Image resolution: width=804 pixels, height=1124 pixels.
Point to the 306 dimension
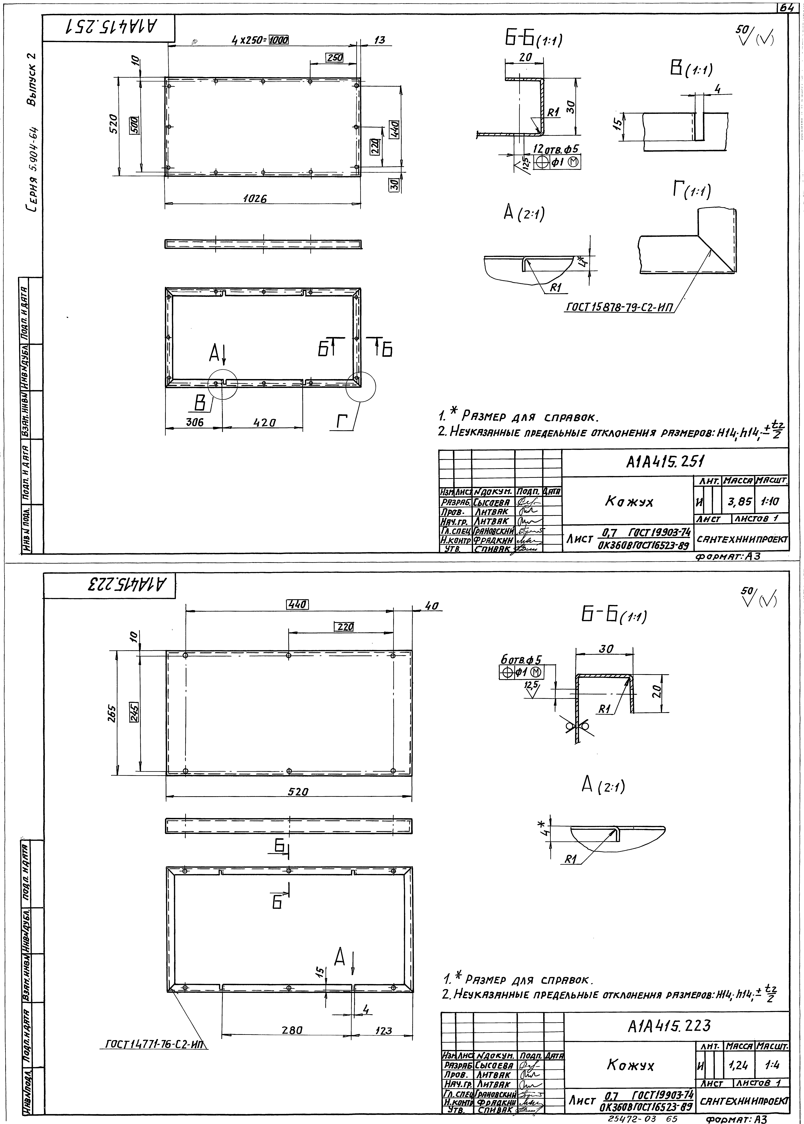tap(194, 422)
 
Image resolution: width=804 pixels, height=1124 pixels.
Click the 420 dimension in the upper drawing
tap(264, 422)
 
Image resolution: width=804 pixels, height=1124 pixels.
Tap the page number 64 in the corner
tap(790, 7)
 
